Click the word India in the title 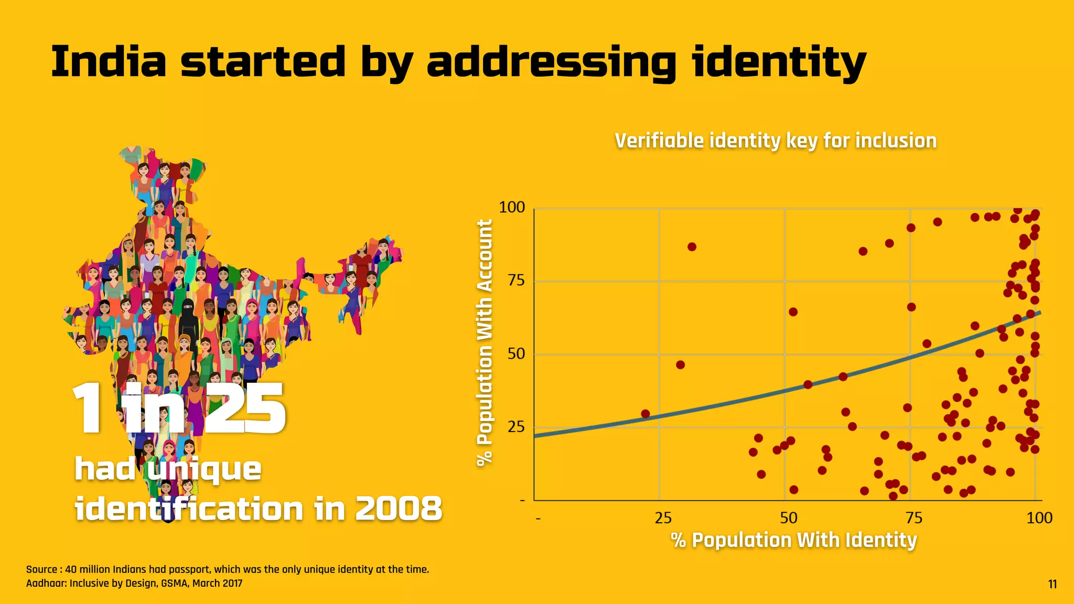click(x=109, y=62)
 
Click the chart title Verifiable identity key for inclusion click(x=775, y=141)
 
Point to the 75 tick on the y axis click(x=516, y=281)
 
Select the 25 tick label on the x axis click(x=663, y=518)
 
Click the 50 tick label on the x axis click(x=788, y=518)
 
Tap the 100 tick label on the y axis click(x=512, y=207)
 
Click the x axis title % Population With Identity click(x=793, y=540)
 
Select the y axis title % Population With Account click(x=485, y=342)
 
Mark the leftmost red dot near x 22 click(x=645, y=414)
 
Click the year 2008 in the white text click(x=399, y=509)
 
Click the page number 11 click(x=1052, y=584)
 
